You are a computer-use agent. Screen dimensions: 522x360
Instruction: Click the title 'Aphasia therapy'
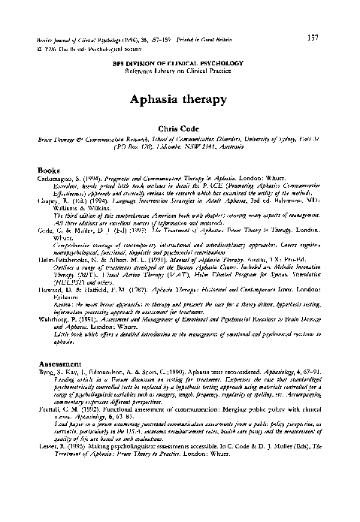point(180,98)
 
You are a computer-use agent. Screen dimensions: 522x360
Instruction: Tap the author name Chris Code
point(180,131)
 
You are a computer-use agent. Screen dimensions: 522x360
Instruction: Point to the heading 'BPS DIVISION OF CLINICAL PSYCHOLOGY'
point(180,62)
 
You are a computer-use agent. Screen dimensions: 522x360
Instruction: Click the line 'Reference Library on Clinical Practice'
point(180,70)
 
